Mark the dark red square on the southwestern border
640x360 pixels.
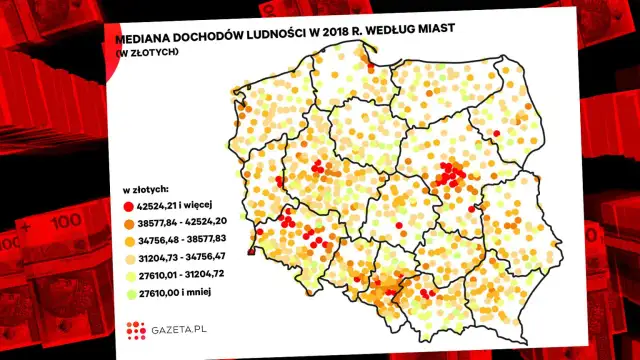pyautogui.click(x=250, y=253)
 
